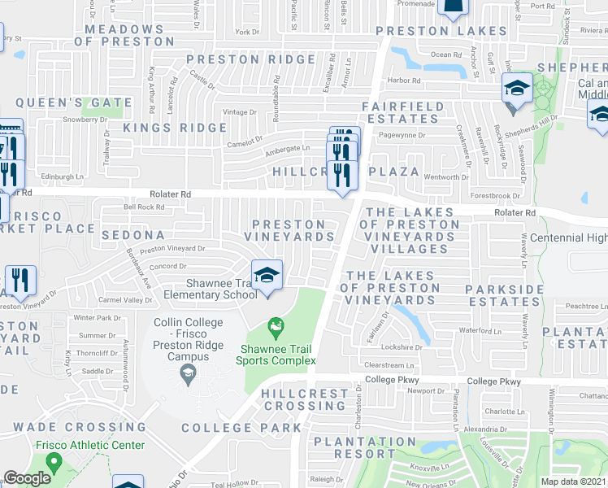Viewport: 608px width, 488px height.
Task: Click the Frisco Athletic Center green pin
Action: pos(55,463)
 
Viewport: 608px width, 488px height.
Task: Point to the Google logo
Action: pos(27,479)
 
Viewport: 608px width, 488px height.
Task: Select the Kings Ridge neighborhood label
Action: pos(175,127)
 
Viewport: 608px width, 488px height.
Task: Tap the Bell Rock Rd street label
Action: pos(143,207)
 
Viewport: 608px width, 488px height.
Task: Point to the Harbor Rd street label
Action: pos(403,81)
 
